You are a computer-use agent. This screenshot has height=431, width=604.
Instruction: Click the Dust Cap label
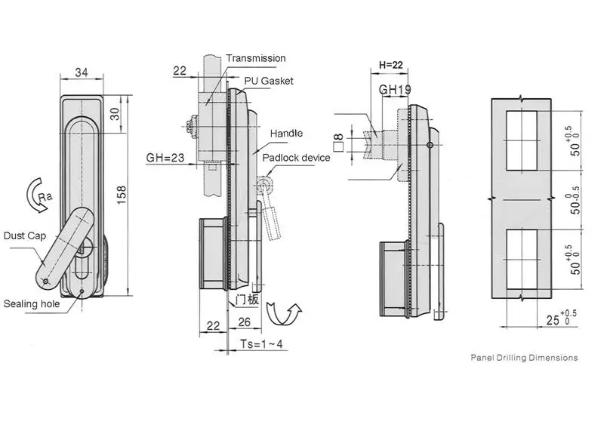(x=25, y=235)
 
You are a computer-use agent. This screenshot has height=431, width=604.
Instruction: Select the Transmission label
(x=256, y=58)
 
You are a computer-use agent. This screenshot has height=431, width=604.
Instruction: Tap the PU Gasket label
(x=268, y=81)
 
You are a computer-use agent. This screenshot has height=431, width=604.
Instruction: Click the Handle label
(x=287, y=134)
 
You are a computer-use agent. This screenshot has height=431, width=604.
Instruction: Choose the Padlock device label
(x=296, y=158)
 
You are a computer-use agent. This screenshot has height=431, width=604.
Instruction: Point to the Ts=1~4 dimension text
(x=260, y=343)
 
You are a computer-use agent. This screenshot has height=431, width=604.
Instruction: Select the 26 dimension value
(x=244, y=324)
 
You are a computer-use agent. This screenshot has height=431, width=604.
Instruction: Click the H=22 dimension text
(x=391, y=66)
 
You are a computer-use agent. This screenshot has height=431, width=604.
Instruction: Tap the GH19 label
(x=393, y=90)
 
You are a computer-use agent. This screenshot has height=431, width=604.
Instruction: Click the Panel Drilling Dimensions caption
(x=524, y=358)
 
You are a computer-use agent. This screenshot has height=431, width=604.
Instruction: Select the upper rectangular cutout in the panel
(x=521, y=140)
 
